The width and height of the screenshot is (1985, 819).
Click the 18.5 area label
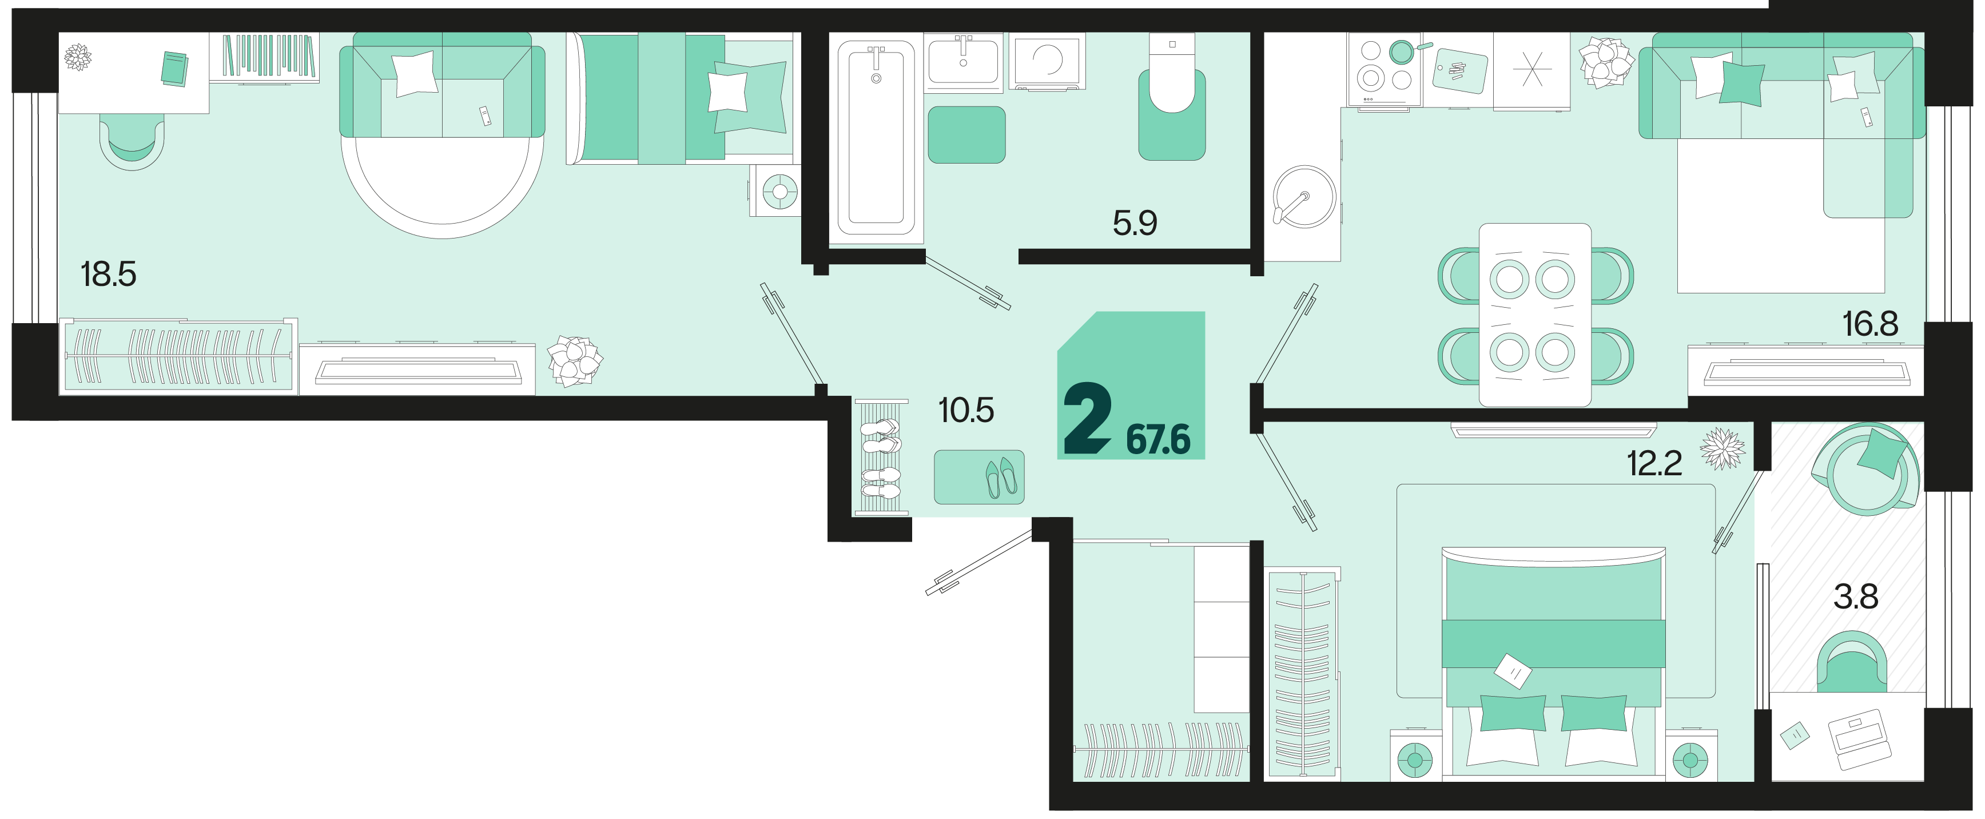109,275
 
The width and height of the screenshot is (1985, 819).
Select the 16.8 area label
1870,324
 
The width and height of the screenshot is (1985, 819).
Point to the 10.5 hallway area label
965,411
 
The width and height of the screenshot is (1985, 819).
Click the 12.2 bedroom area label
1654,463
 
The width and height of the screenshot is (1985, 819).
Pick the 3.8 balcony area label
1856,597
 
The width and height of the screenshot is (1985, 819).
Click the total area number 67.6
1158,440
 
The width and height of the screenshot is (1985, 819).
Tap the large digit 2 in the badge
1087,418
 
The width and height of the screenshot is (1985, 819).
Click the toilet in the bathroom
1172,96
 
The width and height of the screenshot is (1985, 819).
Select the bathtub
876,138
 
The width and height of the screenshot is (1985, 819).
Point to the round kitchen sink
1304,197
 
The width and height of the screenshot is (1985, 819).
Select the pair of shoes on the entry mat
1001,478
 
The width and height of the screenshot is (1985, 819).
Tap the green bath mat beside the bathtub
966,135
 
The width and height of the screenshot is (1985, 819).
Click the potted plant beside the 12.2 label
1723,448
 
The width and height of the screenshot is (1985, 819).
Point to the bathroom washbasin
963,59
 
